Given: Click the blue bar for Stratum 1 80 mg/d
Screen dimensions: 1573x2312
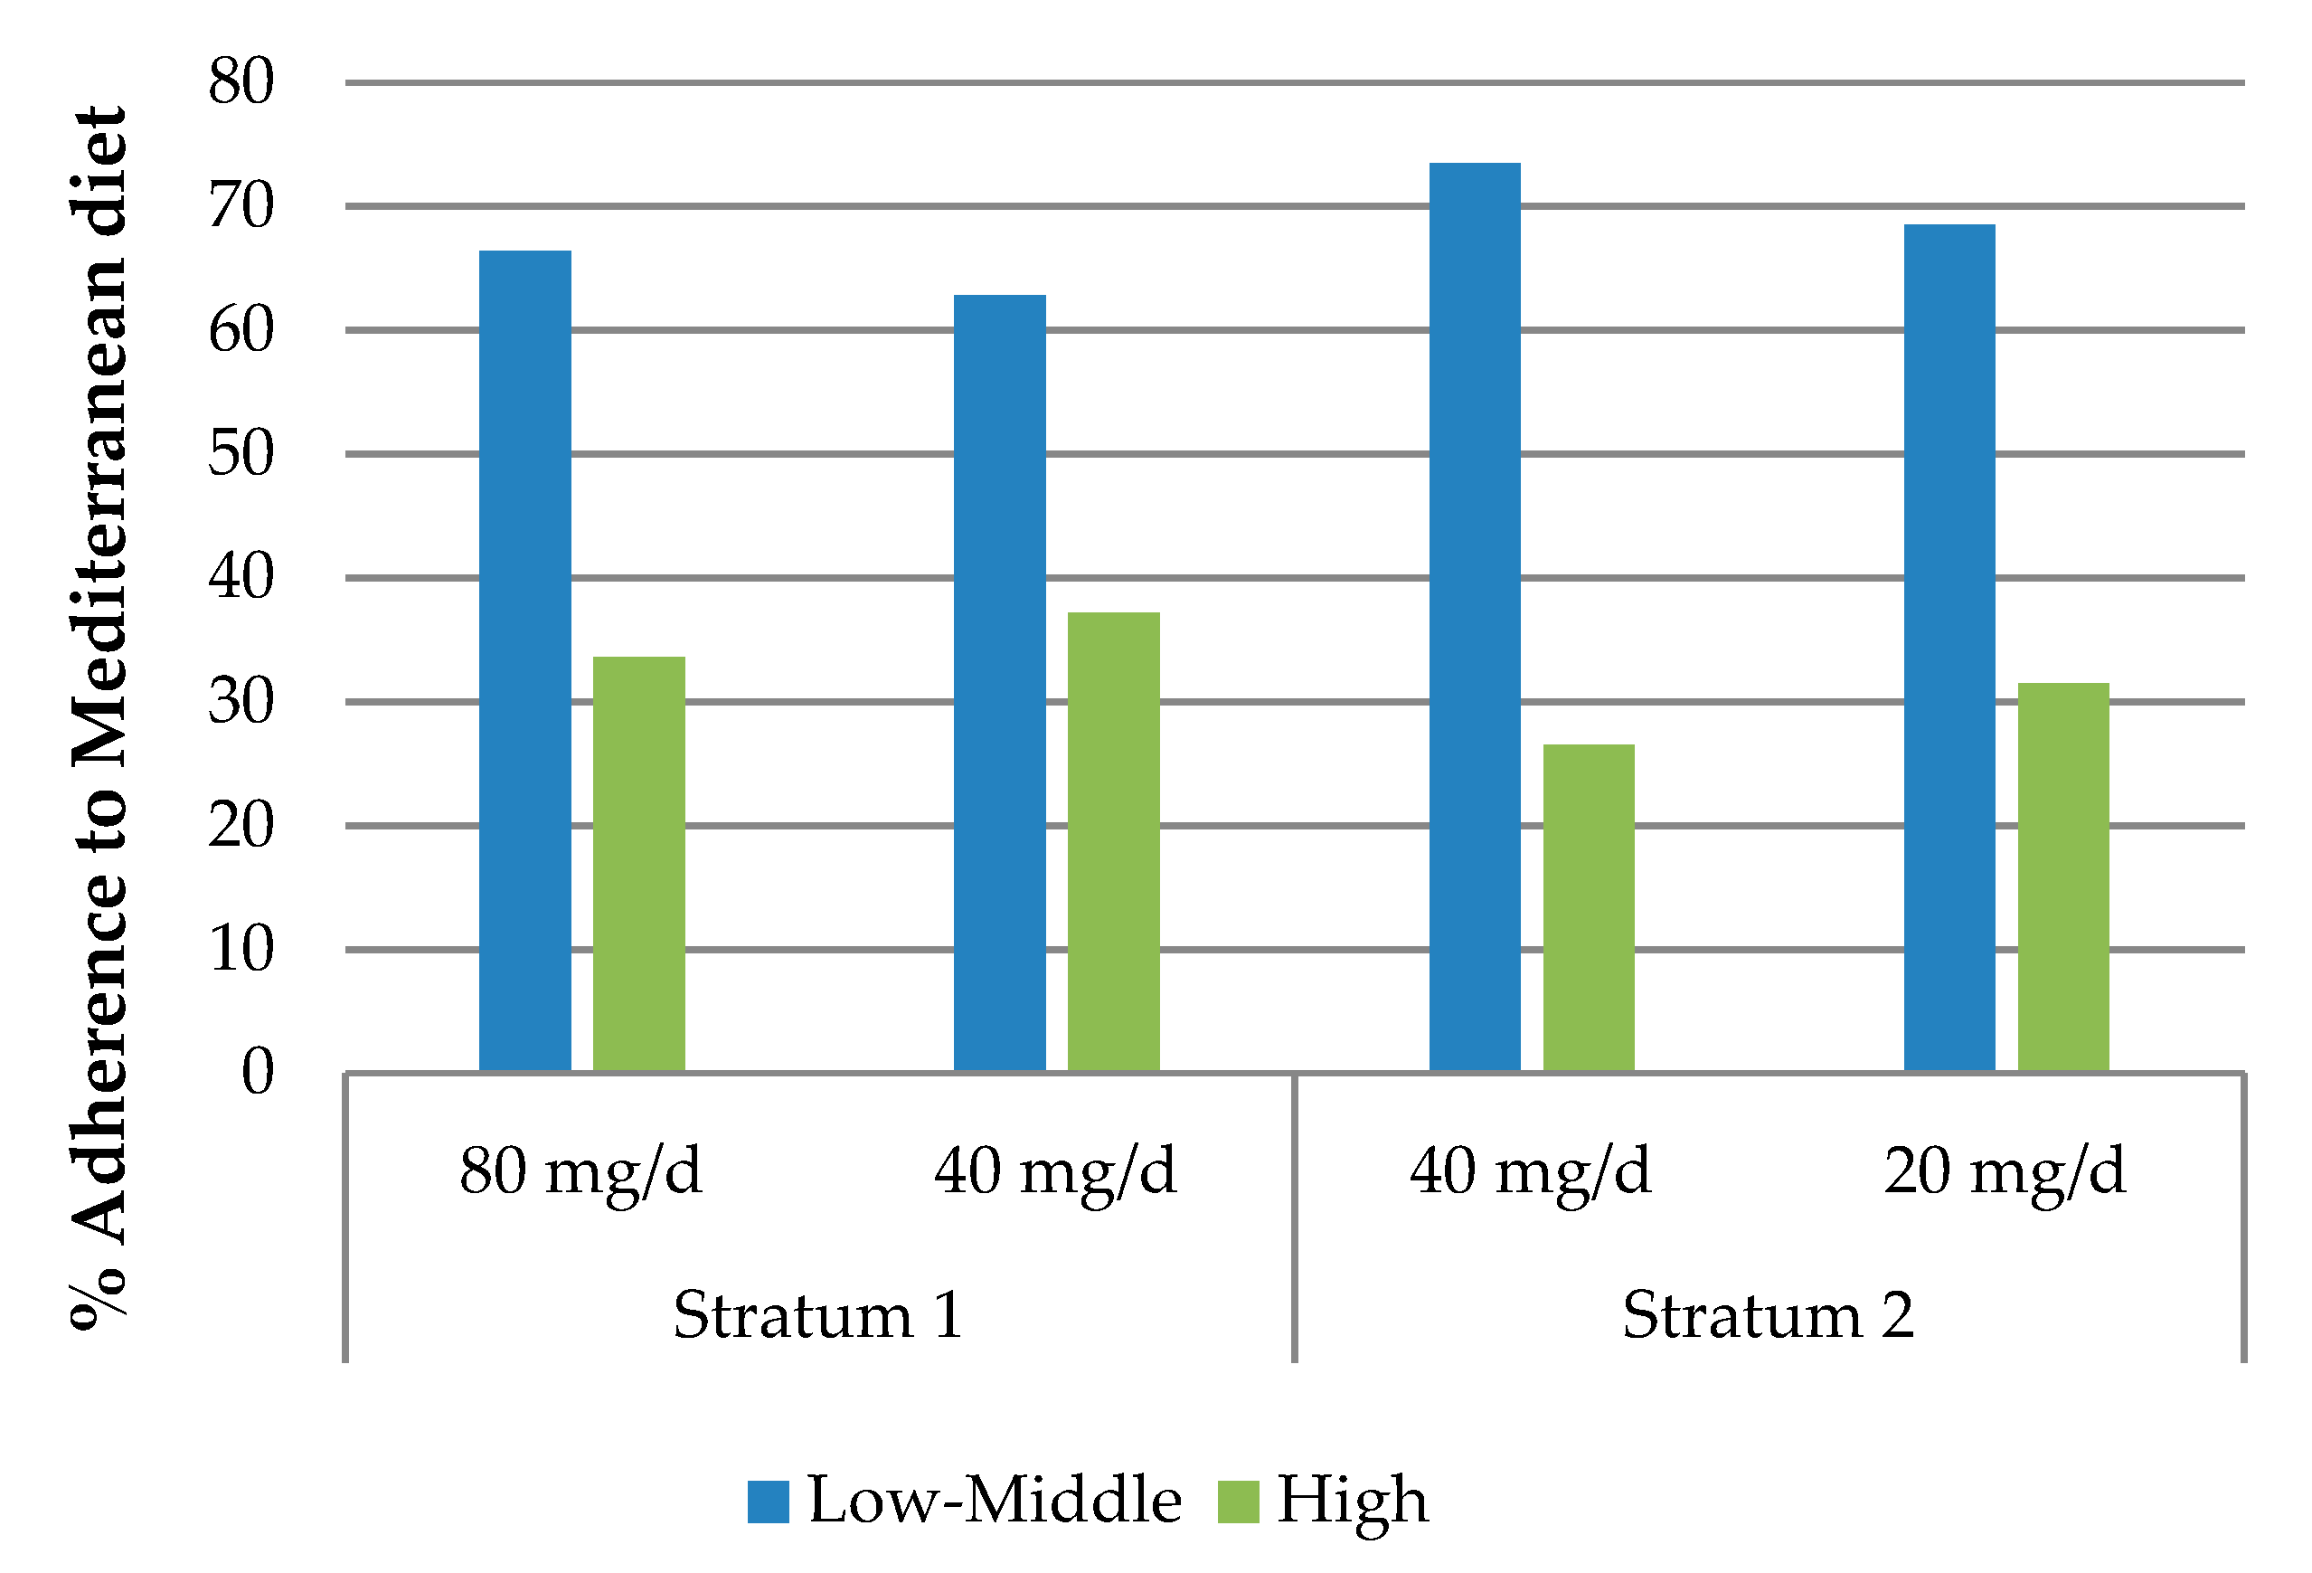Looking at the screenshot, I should tap(525, 660).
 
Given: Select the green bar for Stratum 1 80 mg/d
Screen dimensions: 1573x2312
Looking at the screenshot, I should tap(638, 864).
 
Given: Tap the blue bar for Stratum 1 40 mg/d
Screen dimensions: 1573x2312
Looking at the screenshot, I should tap(1000, 683).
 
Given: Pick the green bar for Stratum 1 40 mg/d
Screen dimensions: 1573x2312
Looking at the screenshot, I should tap(1113, 842).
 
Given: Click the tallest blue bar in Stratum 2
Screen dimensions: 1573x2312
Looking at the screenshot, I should tap(1475, 617).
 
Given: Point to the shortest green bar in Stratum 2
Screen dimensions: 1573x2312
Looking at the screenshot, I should tap(1589, 907).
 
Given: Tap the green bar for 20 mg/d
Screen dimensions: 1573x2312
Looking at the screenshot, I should tap(2063, 877).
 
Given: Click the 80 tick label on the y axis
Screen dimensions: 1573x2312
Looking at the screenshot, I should tap(241, 81).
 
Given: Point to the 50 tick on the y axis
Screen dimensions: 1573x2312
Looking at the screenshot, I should tap(241, 454).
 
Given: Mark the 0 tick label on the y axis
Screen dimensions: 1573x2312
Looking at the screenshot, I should tap(258, 1073).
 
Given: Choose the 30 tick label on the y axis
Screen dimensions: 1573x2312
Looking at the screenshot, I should tap(241, 701).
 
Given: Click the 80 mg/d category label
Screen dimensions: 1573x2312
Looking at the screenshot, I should tap(581, 1172).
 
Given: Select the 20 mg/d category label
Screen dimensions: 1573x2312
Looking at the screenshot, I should tap(2005, 1172).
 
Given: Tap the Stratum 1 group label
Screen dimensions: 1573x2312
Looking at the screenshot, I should tap(817, 1315).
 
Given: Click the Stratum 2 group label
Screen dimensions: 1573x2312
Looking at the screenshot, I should tap(1768, 1315).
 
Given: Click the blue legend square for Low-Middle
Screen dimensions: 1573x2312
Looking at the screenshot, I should tap(768, 1502).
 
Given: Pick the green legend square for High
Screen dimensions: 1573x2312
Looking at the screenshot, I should tap(1238, 1502).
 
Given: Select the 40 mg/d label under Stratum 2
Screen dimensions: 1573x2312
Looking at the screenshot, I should tap(1531, 1172).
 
